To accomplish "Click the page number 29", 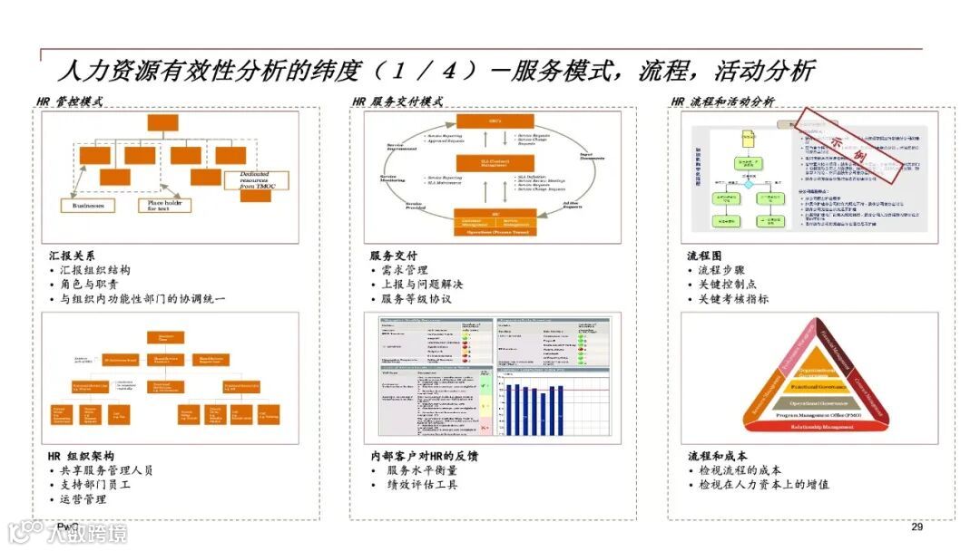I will pyautogui.click(x=916, y=527).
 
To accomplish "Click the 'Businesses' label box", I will pyautogui.click(x=88, y=206).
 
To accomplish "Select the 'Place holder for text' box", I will pyautogui.click(x=165, y=205).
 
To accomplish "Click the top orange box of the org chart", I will pyautogui.click(x=164, y=123).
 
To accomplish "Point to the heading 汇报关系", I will pyautogui.click(x=71, y=256).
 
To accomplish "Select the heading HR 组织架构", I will pyautogui.click(x=81, y=456).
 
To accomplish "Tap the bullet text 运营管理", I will pyautogui.click(x=83, y=499).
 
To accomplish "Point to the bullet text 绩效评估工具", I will pyautogui.click(x=422, y=485).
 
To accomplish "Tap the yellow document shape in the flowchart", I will pyautogui.click(x=748, y=139).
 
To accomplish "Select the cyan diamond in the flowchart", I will pyautogui.click(x=749, y=184).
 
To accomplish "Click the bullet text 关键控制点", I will pyautogui.click(x=727, y=285).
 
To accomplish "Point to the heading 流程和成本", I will pyautogui.click(x=717, y=456).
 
